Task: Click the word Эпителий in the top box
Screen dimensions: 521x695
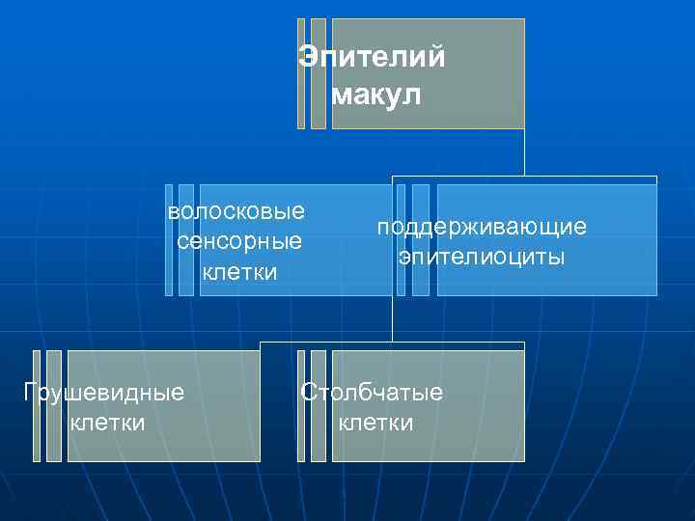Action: (372, 58)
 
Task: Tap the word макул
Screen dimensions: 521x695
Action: (376, 96)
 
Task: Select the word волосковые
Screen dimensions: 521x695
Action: (236, 211)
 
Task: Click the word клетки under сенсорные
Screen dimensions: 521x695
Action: (239, 272)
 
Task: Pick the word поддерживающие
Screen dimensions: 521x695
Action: (482, 227)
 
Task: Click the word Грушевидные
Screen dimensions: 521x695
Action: (103, 393)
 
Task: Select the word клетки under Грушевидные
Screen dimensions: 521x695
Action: (108, 423)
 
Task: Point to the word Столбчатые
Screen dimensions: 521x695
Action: (372, 393)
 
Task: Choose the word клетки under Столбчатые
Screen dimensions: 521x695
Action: (375, 423)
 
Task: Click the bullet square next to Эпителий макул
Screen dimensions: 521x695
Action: (301, 73)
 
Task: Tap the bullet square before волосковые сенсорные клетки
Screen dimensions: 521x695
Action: (169, 239)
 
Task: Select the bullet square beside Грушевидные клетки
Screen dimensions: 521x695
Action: (37, 405)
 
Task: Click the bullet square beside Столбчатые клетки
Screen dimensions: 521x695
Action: (301, 405)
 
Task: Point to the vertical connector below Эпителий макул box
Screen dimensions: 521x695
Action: (524, 152)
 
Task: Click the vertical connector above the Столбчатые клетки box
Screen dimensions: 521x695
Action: (393, 318)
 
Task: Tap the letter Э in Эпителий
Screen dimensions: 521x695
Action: (308, 58)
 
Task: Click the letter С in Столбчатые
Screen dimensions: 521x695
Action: (308, 393)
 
